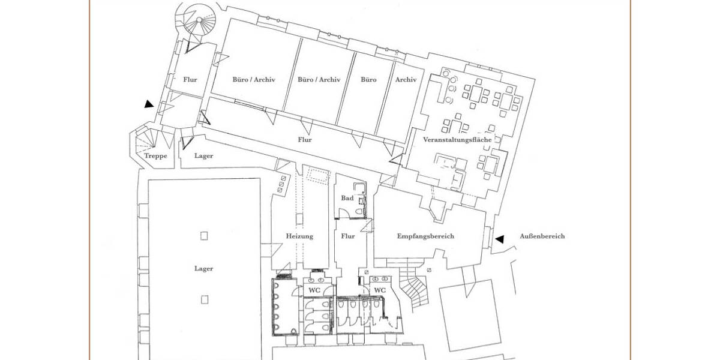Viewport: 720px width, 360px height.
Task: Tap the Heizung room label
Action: click(x=299, y=236)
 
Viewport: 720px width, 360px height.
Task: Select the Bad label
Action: click(x=347, y=198)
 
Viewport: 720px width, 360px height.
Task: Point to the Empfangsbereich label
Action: click(x=425, y=236)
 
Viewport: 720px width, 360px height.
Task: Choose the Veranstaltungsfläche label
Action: click(x=457, y=140)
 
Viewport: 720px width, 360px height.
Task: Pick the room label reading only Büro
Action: click(x=368, y=79)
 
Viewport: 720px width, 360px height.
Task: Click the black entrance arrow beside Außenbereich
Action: click(x=499, y=239)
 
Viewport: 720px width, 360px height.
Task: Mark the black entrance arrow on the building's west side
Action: click(x=149, y=104)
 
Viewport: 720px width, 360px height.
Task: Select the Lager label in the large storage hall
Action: click(x=203, y=269)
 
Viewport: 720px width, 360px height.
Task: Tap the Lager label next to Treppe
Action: click(x=203, y=156)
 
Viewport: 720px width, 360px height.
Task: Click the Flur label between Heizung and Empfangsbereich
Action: click(x=347, y=236)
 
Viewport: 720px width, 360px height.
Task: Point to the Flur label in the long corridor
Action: click(x=305, y=140)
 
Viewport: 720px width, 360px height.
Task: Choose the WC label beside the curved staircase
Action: click(x=379, y=290)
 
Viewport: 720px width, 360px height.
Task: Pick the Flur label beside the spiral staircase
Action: click(x=190, y=79)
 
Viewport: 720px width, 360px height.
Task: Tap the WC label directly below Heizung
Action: click(x=314, y=290)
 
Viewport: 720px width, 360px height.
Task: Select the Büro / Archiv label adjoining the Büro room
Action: click(x=319, y=79)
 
